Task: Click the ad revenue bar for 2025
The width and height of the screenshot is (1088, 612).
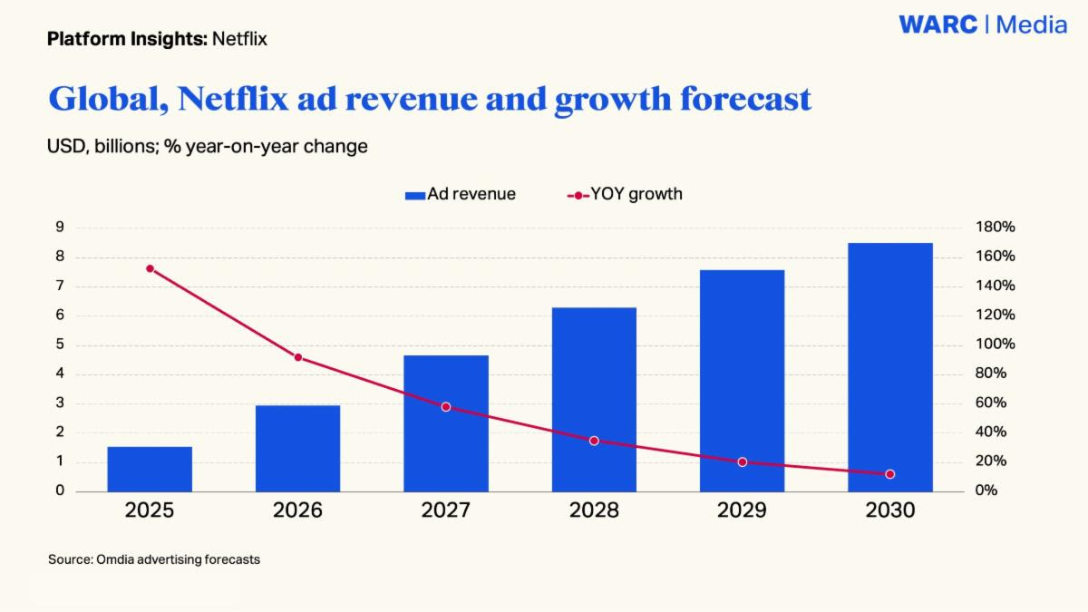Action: tap(150, 469)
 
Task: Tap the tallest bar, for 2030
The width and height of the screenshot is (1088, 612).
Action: tap(889, 367)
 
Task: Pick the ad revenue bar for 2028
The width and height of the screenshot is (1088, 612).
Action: tap(594, 399)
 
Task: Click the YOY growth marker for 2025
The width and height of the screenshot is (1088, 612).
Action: tap(150, 268)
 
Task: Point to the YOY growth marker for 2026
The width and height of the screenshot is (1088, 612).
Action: tap(298, 357)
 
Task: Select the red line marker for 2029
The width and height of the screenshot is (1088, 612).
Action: tap(742, 462)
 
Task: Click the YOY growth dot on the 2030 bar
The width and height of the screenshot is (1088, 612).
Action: tap(889, 474)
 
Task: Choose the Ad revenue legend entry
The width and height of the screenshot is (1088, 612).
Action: tap(461, 194)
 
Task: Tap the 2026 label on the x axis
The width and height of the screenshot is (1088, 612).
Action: tap(297, 510)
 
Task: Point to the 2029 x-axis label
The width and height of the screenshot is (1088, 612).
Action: tap(742, 510)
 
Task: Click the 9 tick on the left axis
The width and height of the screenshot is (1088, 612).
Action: tap(60, 228)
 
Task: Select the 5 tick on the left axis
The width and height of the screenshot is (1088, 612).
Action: tap(60, 345)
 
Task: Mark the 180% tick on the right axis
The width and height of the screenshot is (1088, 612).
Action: tap(995, 228)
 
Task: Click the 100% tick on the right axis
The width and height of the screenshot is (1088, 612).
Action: tap(995, 345)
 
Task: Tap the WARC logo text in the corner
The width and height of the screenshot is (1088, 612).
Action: tap(938, 24)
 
